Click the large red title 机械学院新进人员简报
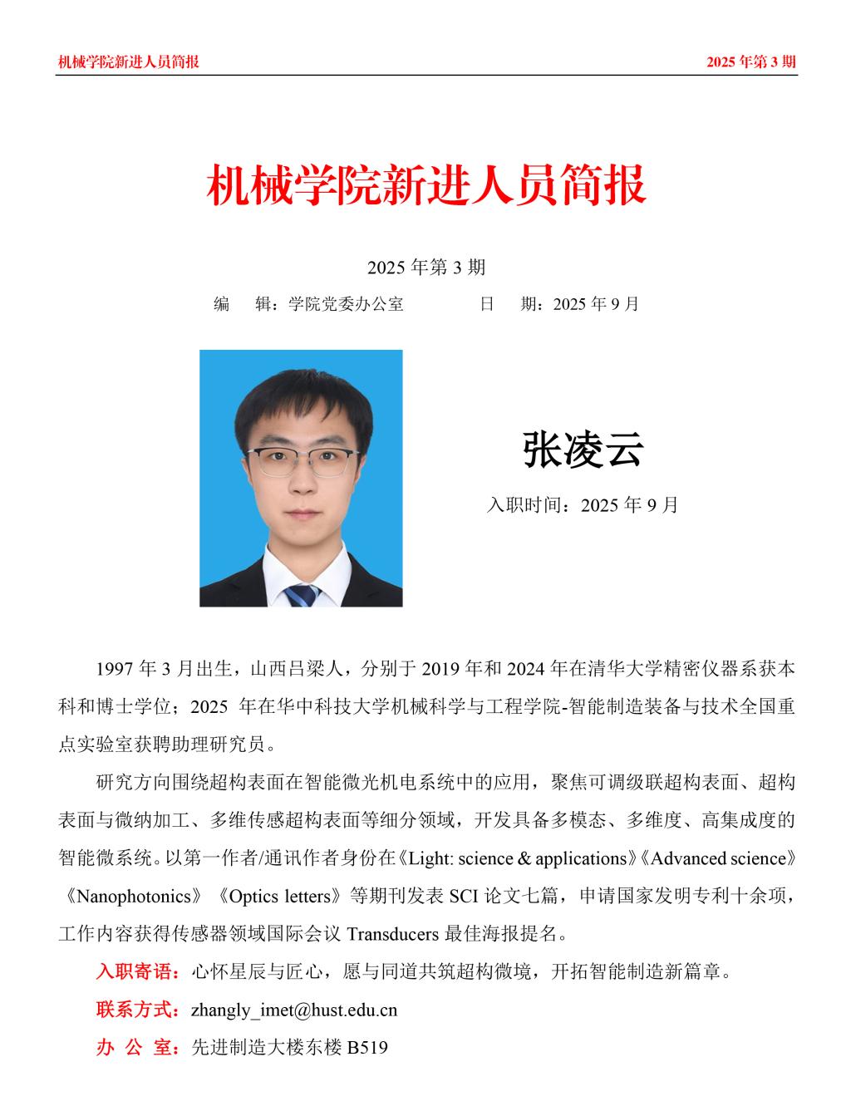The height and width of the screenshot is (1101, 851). pos(425,184)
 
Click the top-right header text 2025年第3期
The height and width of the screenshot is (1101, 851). pos(751,61)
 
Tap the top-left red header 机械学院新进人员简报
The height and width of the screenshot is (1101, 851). pos(128,61)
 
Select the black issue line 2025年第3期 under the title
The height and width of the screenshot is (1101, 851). pos(425,267)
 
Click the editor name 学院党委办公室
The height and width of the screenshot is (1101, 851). pos(346,304)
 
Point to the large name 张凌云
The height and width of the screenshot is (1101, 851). pos(583,450)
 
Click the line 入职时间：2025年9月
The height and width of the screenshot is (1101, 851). pos(582,504)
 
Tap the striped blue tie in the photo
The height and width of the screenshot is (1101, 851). pos(301,595)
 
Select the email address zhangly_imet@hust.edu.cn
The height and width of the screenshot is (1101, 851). pos(294,1010)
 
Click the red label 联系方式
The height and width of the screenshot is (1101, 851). pos(137,1010)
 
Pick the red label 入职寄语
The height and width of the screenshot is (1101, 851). pos(137,971)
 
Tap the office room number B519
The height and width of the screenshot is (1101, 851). pos(367,1048)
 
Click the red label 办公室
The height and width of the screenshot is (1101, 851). pos(137,1048)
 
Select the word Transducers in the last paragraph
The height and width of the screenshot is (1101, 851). pos(391,934)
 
